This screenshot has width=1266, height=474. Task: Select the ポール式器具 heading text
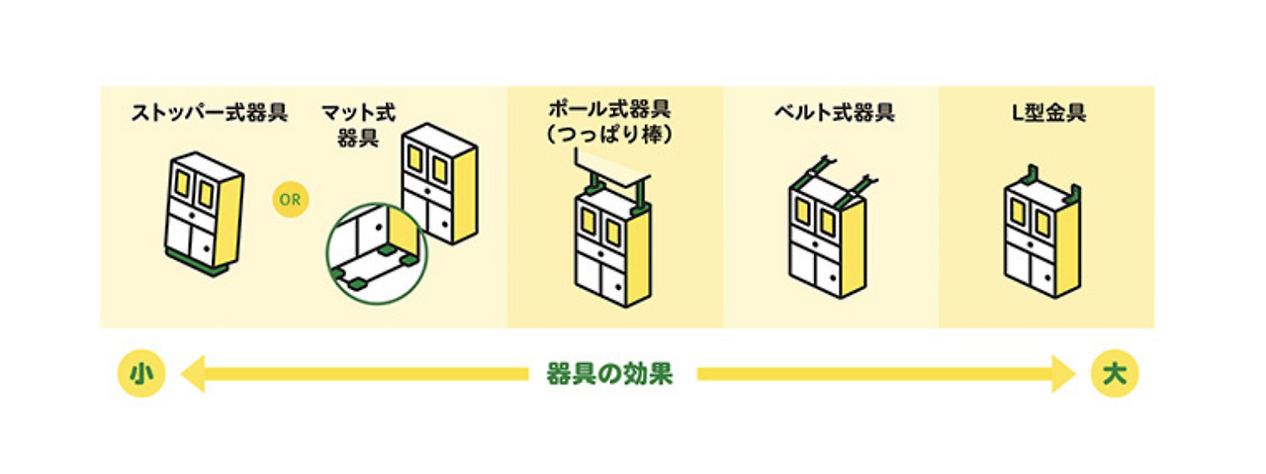click(614, 109)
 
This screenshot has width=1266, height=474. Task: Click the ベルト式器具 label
click(834, 113)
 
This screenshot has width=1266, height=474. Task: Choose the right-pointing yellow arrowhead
click(1063, 375)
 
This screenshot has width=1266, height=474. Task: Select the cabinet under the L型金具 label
click(1041, 237)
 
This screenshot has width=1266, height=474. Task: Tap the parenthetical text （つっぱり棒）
click(614, 135)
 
